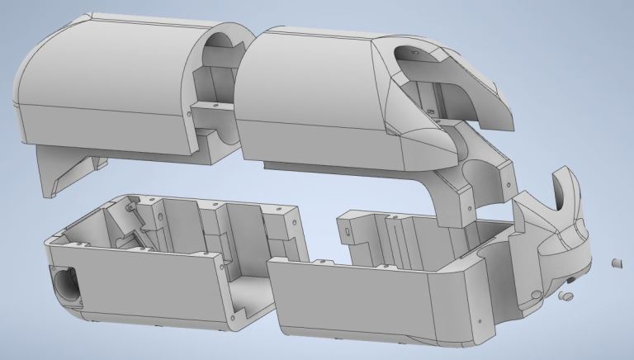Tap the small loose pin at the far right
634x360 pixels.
pos(615,263)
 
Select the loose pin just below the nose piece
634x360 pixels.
pos(565,294)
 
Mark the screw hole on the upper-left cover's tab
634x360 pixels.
pos(214,107)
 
